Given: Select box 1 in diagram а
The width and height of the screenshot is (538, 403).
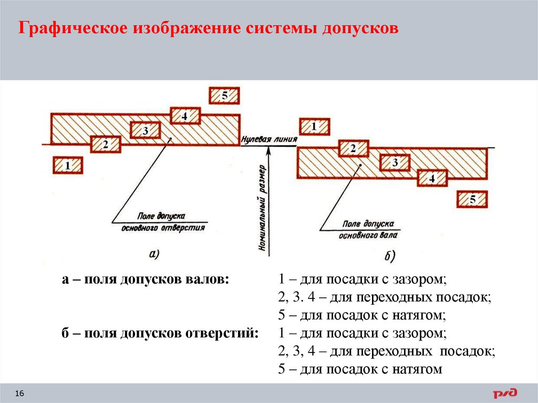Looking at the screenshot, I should point(68,166).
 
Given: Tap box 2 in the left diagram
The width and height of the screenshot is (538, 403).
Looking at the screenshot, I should point(106,143).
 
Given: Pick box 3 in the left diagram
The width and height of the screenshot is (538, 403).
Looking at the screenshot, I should point(146,130).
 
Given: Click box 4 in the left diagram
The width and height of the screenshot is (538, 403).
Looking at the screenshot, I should point(185,116).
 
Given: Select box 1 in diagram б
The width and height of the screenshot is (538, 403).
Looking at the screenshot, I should point(314,127).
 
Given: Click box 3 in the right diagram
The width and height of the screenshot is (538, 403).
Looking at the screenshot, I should point(395,163).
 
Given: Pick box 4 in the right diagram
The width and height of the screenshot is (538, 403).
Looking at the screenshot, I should point(432,179).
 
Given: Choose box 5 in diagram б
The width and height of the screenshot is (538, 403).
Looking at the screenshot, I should point(472,199).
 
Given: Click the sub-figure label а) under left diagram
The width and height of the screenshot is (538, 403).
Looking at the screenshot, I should point(154,254).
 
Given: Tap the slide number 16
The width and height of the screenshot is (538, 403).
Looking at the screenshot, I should point(20,394).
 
